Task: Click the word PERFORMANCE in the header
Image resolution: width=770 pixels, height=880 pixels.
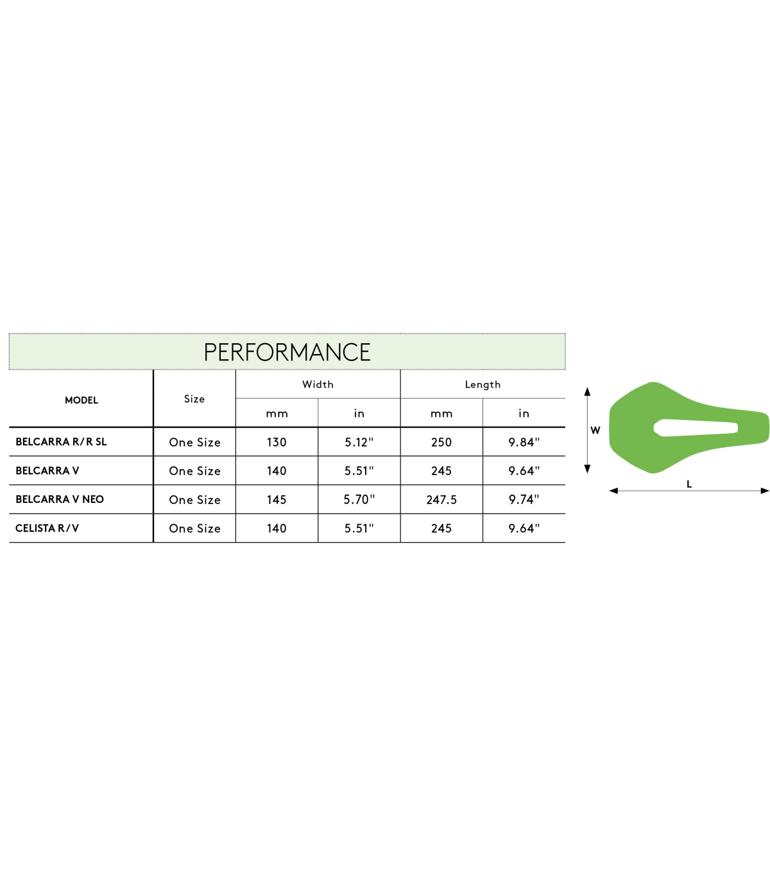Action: [x=287, y=352]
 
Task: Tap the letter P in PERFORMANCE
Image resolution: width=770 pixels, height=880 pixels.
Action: [x=210, y=352]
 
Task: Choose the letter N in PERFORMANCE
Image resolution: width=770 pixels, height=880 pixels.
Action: [x=335, y=352]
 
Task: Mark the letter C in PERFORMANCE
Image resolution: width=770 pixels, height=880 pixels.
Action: [x=352, y=352]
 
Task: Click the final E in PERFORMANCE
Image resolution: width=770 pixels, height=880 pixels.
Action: [x=366, y=352]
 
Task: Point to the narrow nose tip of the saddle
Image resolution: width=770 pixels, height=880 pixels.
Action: [x=765, y=427]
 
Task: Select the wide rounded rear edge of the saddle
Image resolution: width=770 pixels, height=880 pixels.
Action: [x=612, y=427]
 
